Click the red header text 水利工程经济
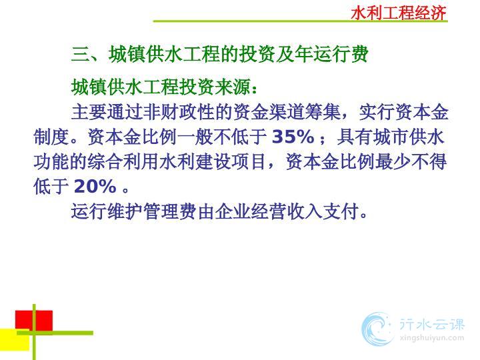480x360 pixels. point(399,13)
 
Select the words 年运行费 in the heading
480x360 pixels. point(331,54)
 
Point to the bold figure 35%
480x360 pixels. point(293,137)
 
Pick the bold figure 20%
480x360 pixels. point(95,186)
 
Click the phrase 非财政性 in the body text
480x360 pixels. point(179,112)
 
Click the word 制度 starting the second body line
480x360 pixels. point(51,137)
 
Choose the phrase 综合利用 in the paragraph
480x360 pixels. point(123,161)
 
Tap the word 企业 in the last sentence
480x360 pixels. point(233,211)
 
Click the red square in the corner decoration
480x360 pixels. point(34,321)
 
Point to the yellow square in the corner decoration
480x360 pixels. point(15,339)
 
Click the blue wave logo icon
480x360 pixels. point(377,329)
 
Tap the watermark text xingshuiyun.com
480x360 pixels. point(431,338)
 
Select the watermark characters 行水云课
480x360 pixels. point(431,324)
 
